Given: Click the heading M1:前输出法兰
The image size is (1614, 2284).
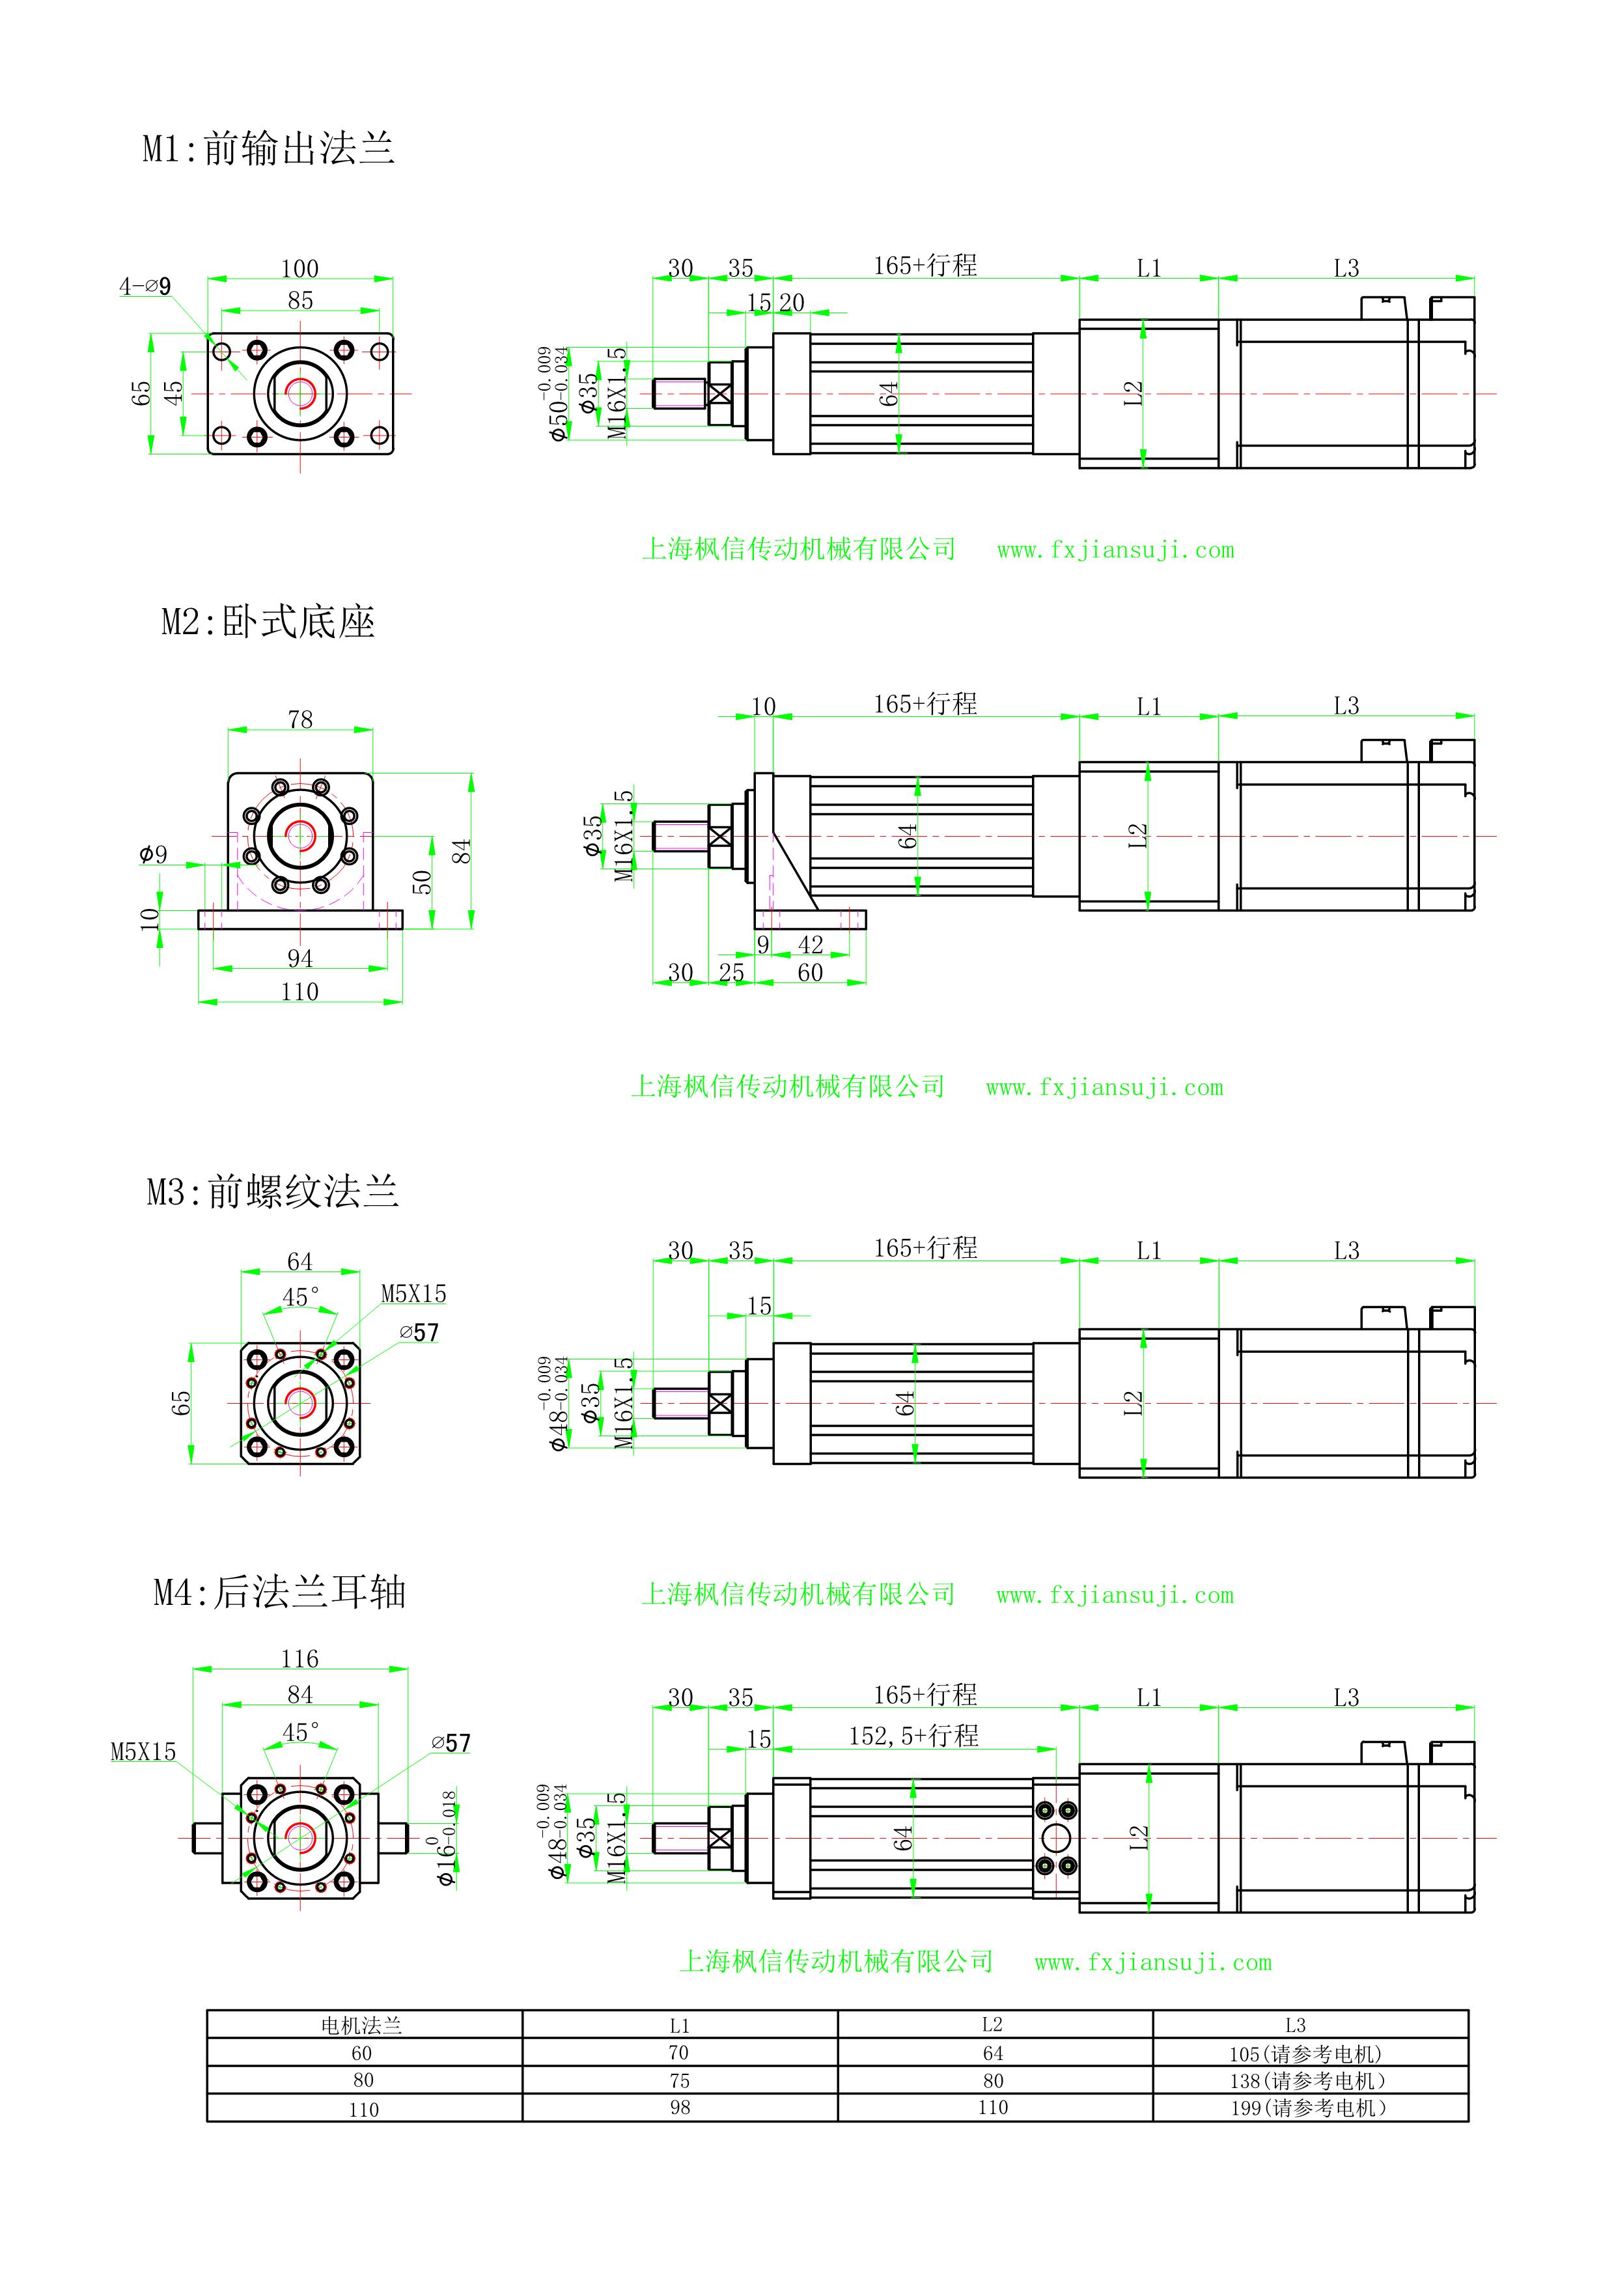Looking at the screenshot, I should pyautogui.click(x=268, y=149).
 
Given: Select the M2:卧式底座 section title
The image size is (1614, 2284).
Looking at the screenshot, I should pyautogui.click(x=268, y=622).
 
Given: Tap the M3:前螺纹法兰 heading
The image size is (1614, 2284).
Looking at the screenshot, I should pyautogui.click(x=273, y=1191).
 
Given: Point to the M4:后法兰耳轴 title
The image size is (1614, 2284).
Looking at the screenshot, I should pyautogui.click(x=279, y=1592).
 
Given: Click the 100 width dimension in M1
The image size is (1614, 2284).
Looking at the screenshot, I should pyautogui.click(x=299, y=269).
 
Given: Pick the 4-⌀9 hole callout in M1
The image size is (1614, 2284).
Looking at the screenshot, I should pyautogui.click(x=145, y=286).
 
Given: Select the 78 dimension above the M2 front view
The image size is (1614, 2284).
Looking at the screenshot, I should pyautogui.click(x=300, y=719).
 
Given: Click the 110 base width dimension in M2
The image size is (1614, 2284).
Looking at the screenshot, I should pyautogui.click(x=299, y=992).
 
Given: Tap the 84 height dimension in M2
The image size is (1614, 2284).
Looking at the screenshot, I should pyautogui.click(x=460, y=852).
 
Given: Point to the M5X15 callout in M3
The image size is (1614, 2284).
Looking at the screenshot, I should pyautogui.click(x=413, y=1294).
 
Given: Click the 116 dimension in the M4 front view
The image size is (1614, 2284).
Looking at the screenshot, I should pyautogui.click(x=299, y=1659).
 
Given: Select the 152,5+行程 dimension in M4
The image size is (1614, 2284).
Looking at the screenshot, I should pyautogui.click(x=913, y=1736).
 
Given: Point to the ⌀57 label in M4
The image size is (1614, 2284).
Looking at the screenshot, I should pyautogui.click(x=451, y=1744).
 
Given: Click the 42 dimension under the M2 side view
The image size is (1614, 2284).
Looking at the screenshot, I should pyautogui.click(x=811, y=944).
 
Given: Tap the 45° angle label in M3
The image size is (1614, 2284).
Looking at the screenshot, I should pyautogui.click(x=300, y=1297).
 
